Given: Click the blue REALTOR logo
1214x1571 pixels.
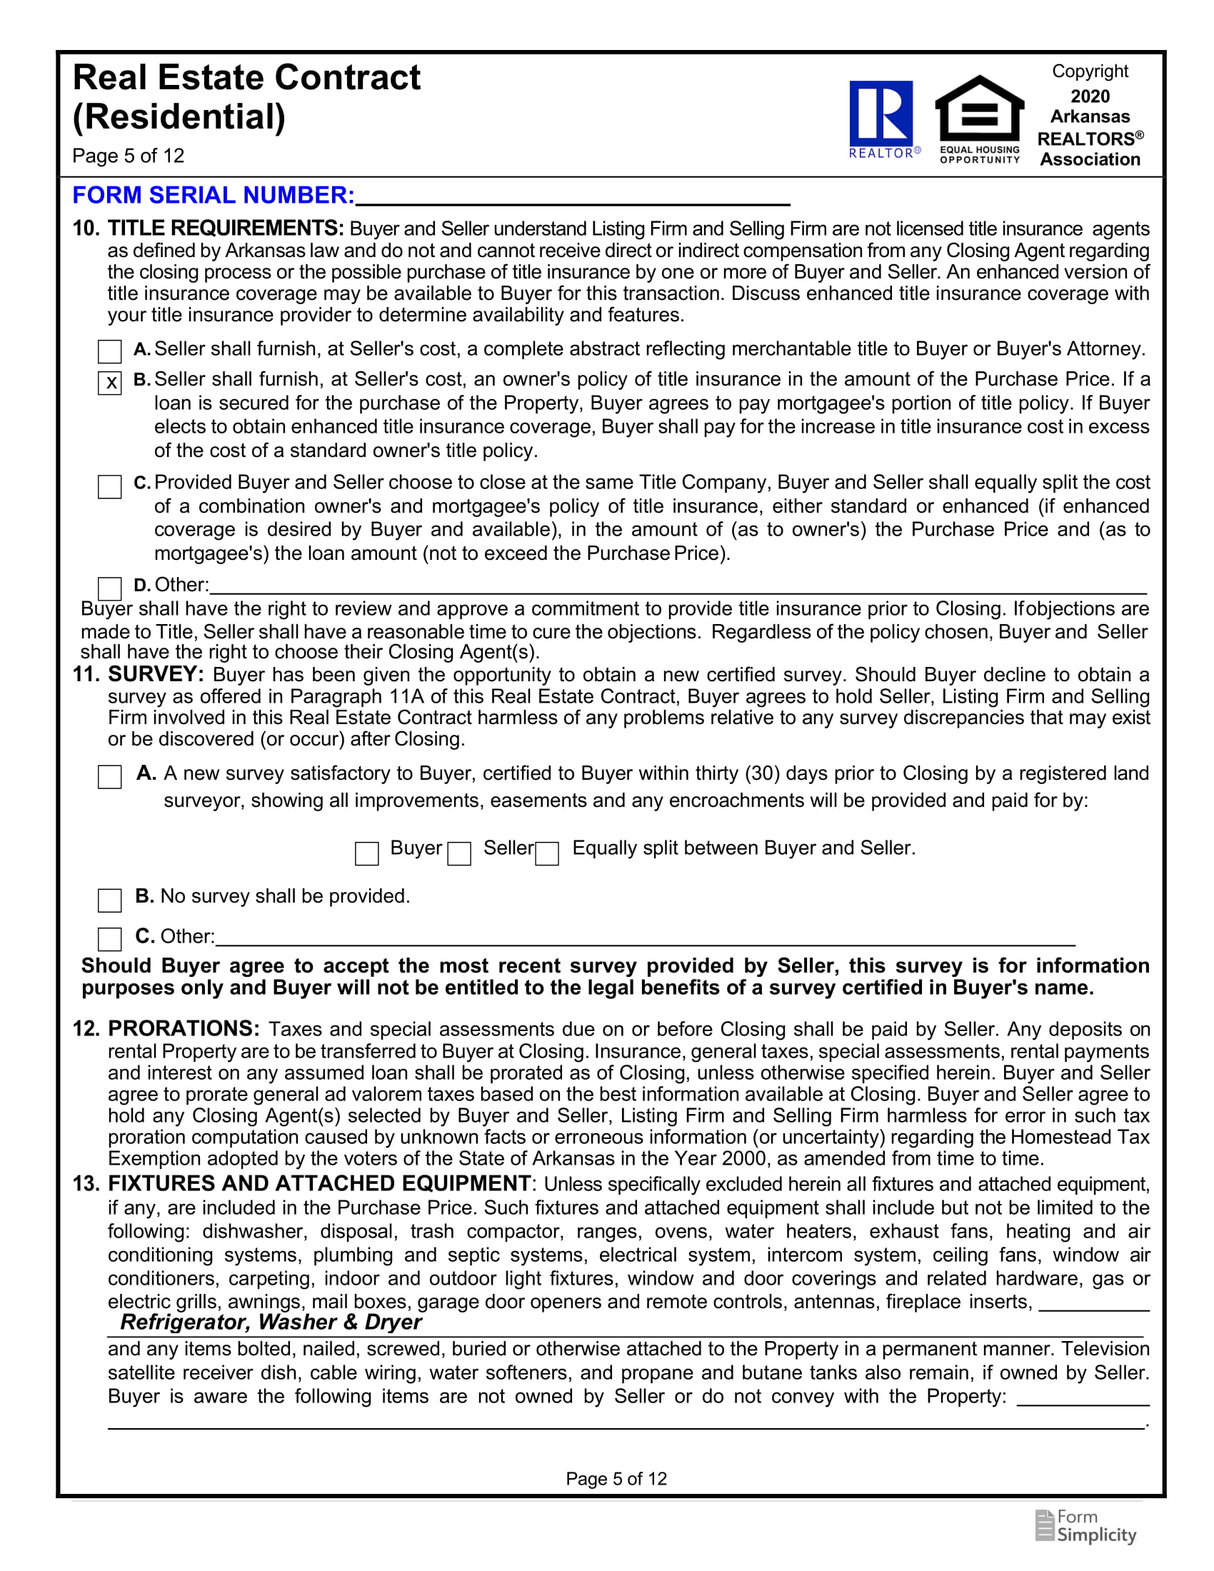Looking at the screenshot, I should click(881, 115).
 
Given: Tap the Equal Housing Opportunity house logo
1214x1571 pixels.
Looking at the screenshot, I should click(979, 115).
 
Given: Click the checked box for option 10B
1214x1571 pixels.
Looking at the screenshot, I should click(110, 383).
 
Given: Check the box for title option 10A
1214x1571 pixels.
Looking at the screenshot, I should click(110, 352).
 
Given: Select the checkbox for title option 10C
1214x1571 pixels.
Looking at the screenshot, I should click(110, 486).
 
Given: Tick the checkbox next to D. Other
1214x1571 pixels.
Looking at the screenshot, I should click(110, 588).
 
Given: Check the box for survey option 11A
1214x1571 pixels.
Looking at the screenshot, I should click(110, 777).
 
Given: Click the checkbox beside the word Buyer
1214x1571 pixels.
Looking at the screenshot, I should click(367, 854).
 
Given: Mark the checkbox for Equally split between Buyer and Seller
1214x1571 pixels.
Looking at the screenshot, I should click(547, 854).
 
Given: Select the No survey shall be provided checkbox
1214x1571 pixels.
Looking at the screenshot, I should click(110, 900).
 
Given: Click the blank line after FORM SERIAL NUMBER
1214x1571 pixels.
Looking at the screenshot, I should click(573, 196).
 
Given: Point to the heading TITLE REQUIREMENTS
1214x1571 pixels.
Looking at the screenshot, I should click(226, 229).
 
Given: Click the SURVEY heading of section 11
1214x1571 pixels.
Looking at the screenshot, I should click(156, 675).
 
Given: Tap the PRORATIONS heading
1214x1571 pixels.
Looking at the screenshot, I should click(184, 1028).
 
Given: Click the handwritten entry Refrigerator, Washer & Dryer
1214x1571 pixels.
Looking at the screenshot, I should click(271, 1322).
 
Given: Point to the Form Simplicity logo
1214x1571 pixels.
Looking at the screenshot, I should click(1086, 1527).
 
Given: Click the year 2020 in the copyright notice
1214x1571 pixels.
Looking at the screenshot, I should click(1090, 96).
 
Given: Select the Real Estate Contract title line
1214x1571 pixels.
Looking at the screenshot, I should click(246, 78).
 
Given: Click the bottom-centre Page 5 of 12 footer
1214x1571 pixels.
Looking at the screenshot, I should click(616, 1479).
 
